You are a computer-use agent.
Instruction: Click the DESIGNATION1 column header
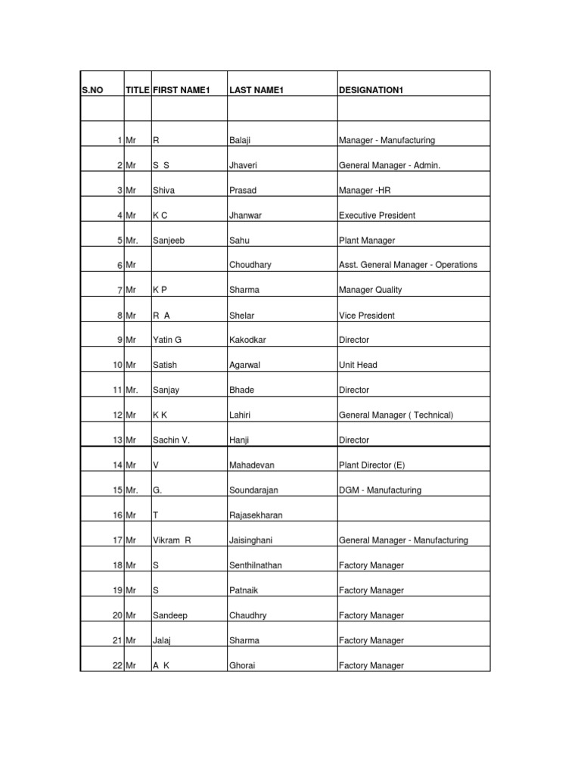[x=371, y=91]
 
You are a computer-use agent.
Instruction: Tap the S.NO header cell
[x=92, y=91]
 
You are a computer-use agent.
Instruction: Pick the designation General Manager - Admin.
[x=389, y=165]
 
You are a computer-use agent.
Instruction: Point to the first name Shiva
[x=163, y=190]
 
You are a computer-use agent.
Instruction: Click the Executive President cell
[x=377, y=215]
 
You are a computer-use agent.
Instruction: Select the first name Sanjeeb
[x=169, y=240]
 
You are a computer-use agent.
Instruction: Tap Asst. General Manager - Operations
[x=408, y=265]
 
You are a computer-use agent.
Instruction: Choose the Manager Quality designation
[x=371, y=290]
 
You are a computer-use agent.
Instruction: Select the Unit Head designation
[x=358, y=365]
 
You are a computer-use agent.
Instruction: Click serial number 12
[x=117, y=415]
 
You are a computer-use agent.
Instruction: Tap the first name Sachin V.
[x=171, y=440]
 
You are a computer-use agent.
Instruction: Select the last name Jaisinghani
[x=250, y=540]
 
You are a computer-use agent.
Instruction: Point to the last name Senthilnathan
[x=255, y=565]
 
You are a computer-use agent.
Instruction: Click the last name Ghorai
[x=241, y=665]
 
